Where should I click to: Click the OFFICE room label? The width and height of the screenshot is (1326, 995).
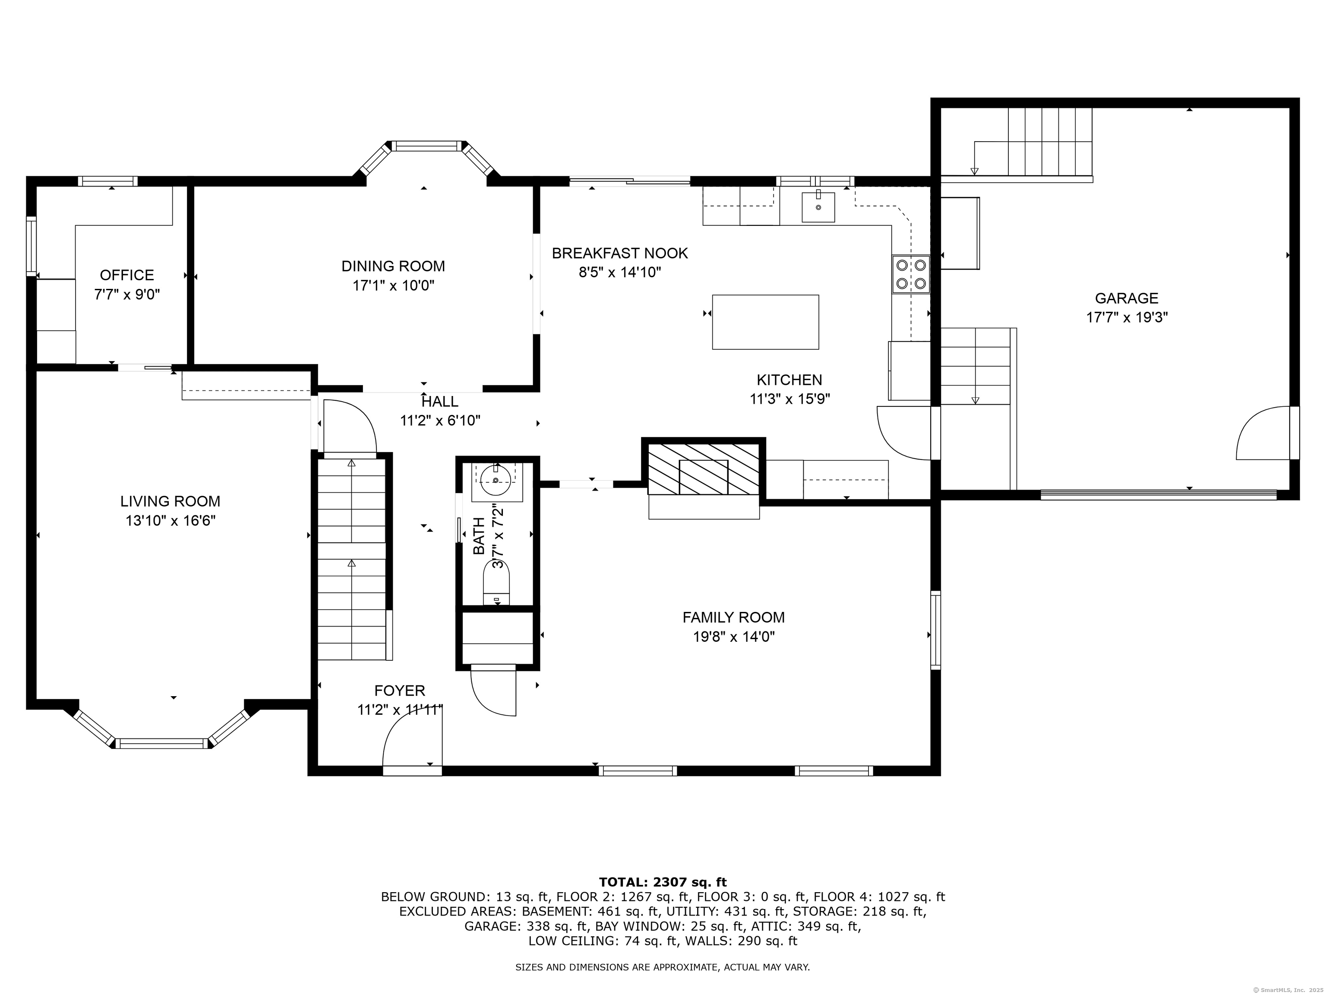[x=127, y=275]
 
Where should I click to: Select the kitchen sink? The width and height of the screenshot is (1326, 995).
[x=818, y=207]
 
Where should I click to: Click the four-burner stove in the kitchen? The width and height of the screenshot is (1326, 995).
[x=911, y=274]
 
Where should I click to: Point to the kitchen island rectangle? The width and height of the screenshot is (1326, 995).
[x=765, y=322]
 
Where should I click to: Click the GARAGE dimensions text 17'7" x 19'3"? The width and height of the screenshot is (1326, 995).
[x=1127, y=317]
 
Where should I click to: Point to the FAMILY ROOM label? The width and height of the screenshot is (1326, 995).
[x=734, y=617]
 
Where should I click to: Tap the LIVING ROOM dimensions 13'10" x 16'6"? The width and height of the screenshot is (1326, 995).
[x=170, y=520]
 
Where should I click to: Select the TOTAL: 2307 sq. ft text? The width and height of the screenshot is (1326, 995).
[x=663, y=882]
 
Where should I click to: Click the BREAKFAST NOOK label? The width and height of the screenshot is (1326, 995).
[x=620, y=253]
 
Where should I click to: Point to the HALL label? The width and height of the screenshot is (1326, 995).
[x=440, y=401]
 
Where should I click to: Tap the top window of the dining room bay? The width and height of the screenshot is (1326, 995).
[x=427, y=146]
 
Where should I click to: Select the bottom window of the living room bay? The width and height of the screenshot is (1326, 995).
[x=162, y=744]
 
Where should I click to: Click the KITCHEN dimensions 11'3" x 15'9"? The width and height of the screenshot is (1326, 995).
[x=789, y=399]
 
